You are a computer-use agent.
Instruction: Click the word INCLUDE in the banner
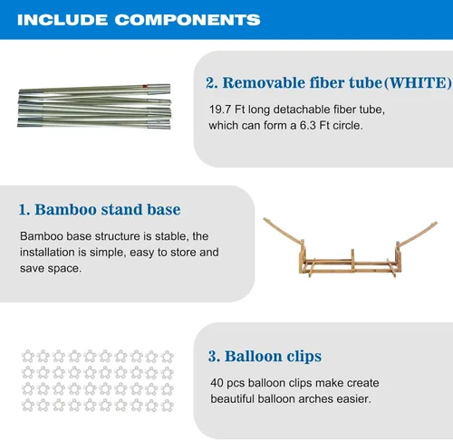pyautogui.click(x=63, y=20)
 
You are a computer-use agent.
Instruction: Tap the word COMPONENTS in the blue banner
pyautogui.click(x=188, y=20)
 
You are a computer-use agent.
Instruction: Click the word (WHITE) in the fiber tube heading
pyautogui.click(x=418, y=83)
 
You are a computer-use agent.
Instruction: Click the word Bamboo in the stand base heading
pyautogui.click(x=66, y=209)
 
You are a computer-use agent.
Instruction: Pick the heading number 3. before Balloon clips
pyautogui.click(x=214, y=356)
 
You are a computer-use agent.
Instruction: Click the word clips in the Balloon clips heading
pyautogui.click(x=304, y=357)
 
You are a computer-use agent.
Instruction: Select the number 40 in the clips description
pyautogui.click(x=217, y=383)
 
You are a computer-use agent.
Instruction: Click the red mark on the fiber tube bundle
pyautogui.click(x=145, y=87)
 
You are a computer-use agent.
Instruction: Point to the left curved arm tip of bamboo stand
pyautogui.click(x=265, y=219)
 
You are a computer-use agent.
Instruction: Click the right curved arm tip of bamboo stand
pyautogui.click(x=435, y=224)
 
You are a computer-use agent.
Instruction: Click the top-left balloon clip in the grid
pyautogui.click(x=28, y=356)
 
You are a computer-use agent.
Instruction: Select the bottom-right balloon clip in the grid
pyautogui.click(x=167, y=405)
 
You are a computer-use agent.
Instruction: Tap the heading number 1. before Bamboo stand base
pyautogui.click(x=24, y=210)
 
